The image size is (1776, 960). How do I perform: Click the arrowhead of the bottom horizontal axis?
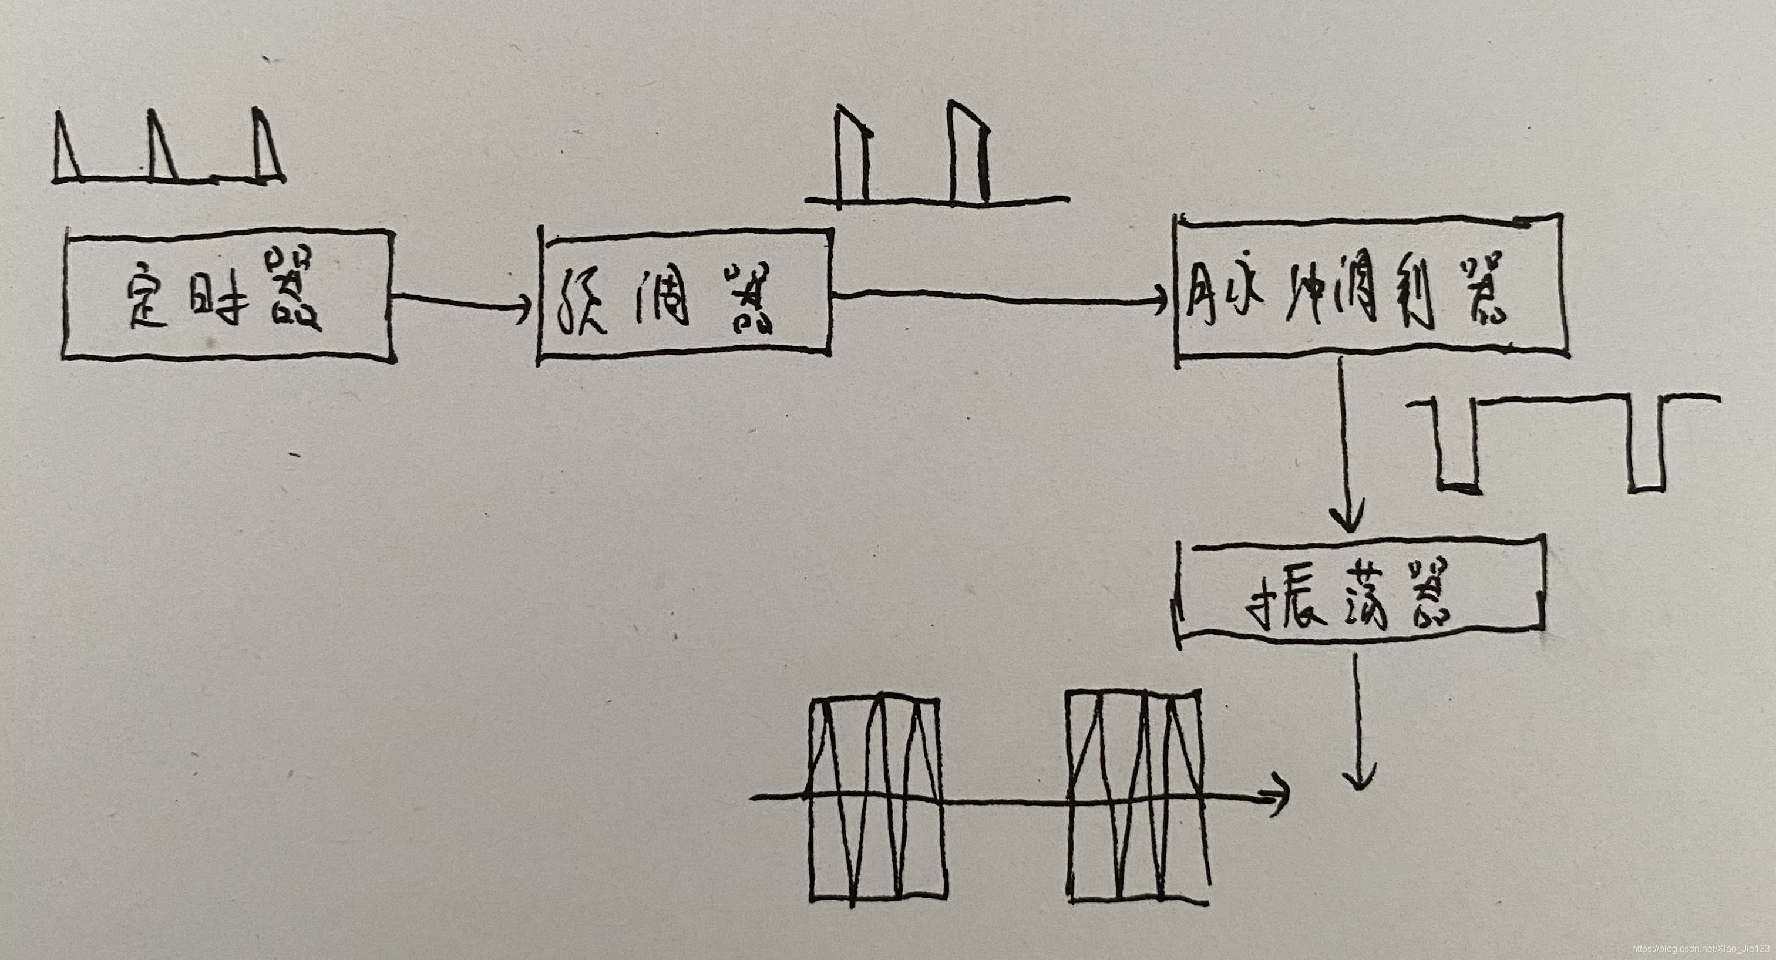click(x=1281, y=800)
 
